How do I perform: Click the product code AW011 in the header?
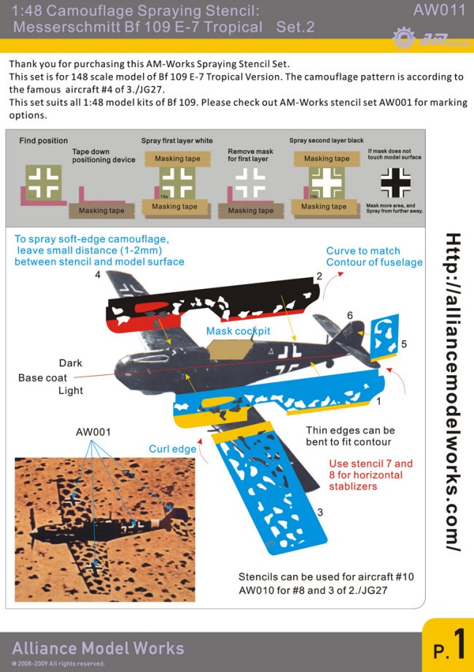tap(439, 10)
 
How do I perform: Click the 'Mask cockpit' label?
tap(238, 331)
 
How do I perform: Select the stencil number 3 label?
tap(319, 513)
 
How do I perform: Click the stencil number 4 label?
tap(97, 275)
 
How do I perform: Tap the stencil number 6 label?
tap(350, 315)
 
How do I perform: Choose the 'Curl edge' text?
tap(172, 449)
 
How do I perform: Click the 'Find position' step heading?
tap(43, 141)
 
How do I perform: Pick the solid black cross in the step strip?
tap(396, 182)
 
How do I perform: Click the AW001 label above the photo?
tap(93, 432)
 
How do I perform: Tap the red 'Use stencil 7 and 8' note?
tap(370, 474)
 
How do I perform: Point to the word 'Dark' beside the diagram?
tap(71, 363)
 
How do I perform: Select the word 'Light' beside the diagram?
tap(71, 391)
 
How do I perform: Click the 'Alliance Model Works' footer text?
tap(98, 648)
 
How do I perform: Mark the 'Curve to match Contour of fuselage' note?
tap(374, 256)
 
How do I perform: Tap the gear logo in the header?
tap(403, 37)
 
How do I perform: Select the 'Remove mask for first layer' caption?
tap(250, 155)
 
